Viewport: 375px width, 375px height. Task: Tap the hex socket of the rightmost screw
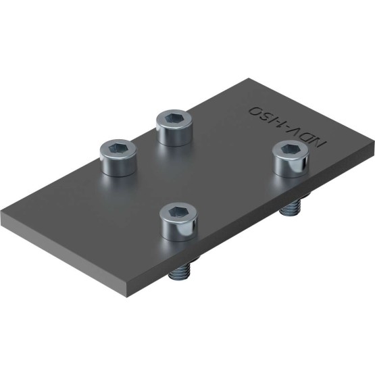(288, 150)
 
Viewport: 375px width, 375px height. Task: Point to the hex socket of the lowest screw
(175, 212)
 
